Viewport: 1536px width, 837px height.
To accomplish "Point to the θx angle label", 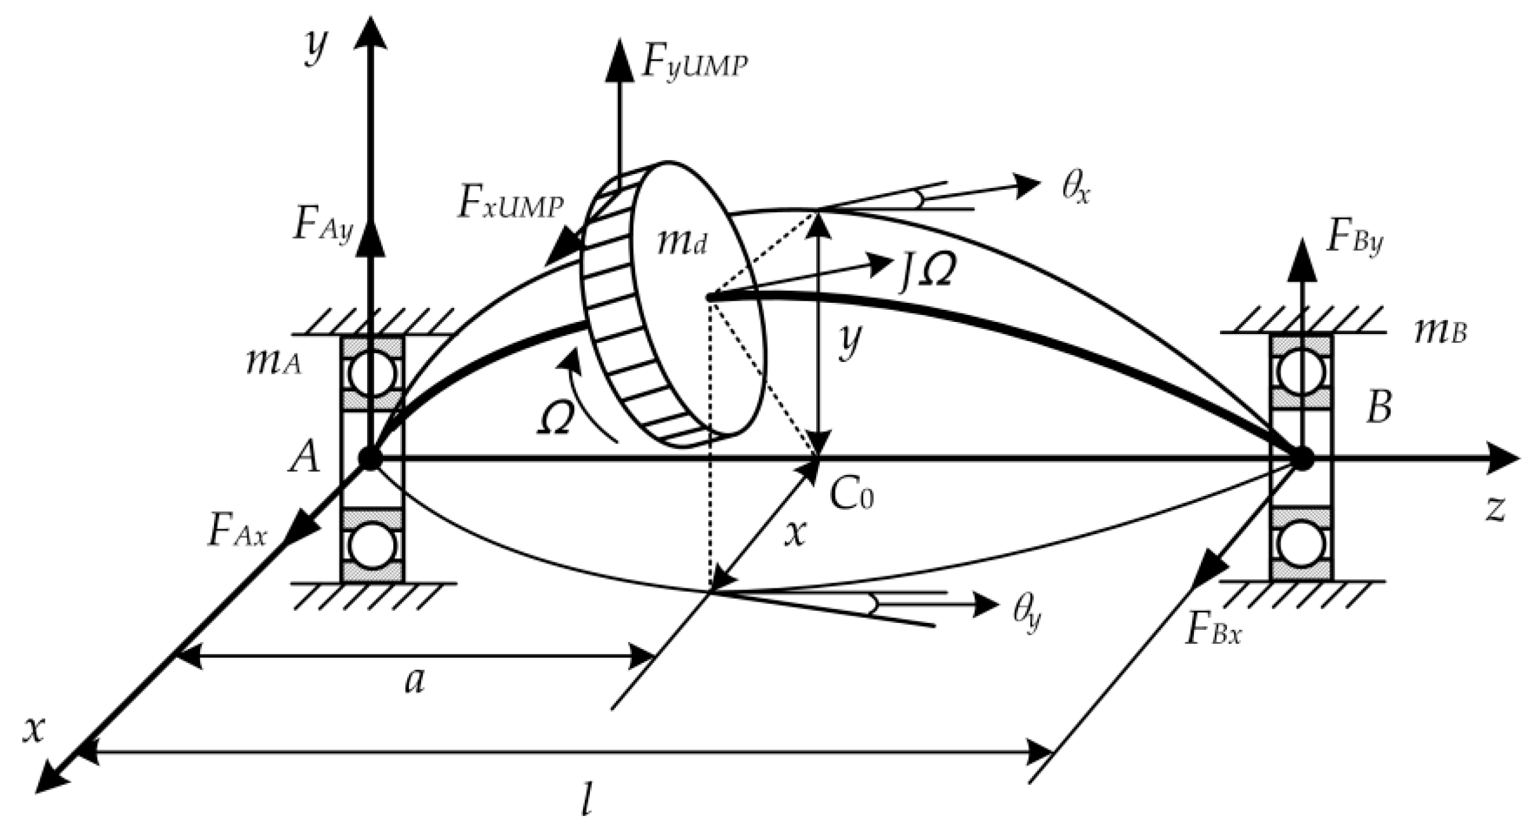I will click(x=1075, y=189).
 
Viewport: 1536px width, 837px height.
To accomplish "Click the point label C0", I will click(x=851, y=494).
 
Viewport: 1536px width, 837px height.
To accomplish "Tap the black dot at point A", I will click(x=370, y=458).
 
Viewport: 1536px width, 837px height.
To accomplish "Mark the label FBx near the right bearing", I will click(x=1214, y=632).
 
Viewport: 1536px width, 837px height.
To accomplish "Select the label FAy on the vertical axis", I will click(x=322, y=226).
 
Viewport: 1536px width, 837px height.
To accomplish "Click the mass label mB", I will click(x=1440, y=333).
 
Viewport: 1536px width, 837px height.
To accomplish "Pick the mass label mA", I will click(x=273, y=364).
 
